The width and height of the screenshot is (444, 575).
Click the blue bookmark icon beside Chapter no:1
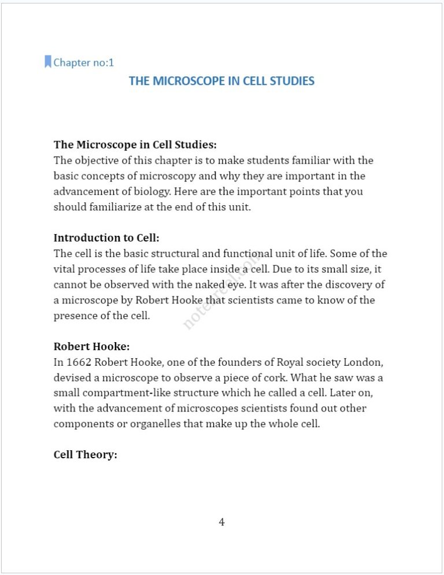[x=48, y=62]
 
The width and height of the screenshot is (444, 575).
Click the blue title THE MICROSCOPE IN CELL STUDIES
[x=221, y=81]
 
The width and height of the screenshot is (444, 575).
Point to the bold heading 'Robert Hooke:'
[x=91, y=346]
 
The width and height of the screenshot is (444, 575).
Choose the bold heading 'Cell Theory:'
[x=86, y=455]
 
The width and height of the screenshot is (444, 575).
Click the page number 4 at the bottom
[x=221, y=522]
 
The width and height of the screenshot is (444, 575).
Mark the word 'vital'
[x=65, y=269]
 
